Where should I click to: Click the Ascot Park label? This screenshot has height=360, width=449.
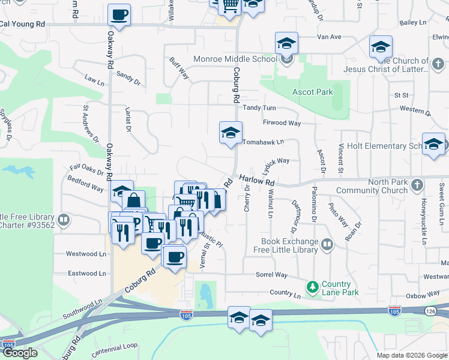coord(312,92)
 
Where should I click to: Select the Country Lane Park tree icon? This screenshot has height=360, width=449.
coord(312,287)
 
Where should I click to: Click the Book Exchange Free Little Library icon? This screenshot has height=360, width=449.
coord(327,244)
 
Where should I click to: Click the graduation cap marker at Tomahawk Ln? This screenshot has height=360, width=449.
coord(231,133)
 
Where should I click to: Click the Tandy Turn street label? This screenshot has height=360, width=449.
coord(259,108)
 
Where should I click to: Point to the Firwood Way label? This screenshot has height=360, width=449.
coord(281,123)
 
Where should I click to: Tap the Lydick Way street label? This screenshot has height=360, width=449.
coord(276,161)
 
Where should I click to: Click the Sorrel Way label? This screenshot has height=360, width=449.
coord(272,275)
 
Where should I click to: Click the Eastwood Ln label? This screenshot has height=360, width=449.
coord(86,273)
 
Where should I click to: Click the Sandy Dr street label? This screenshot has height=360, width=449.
coord(128,77)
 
